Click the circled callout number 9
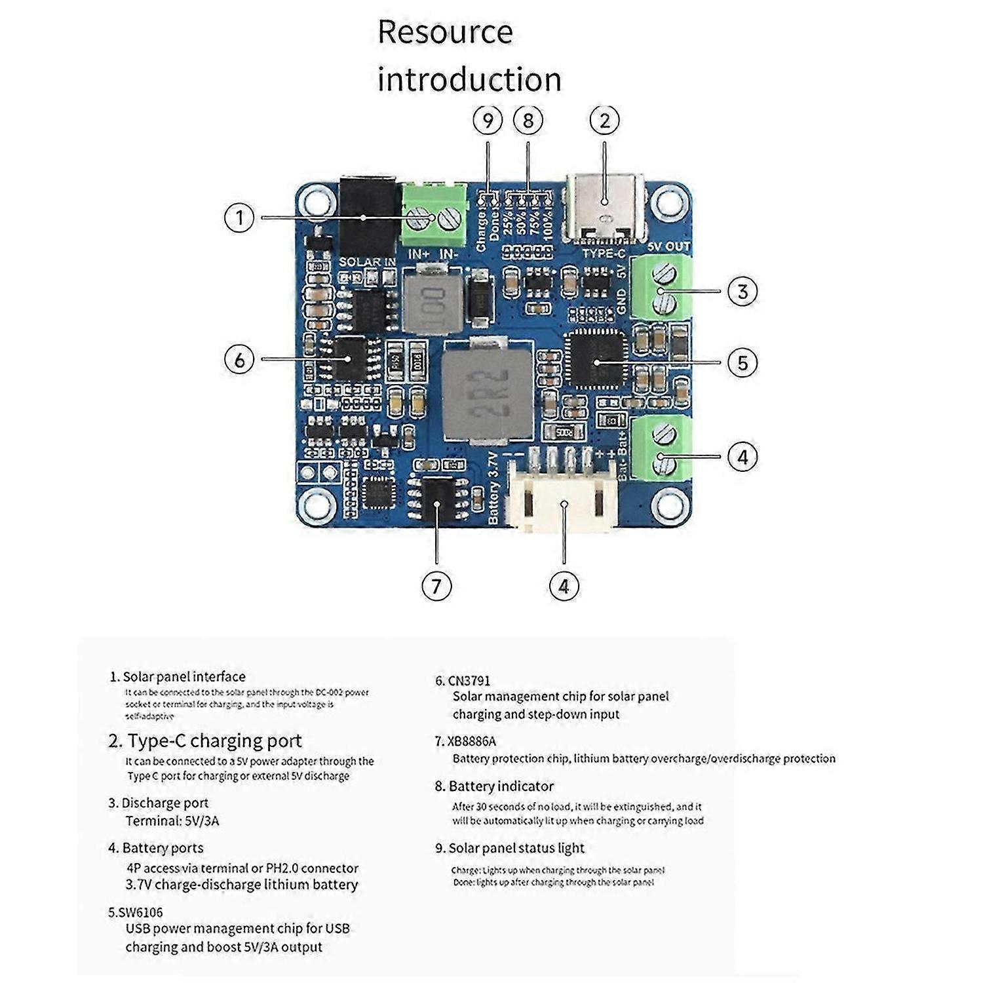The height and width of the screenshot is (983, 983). point(488,121)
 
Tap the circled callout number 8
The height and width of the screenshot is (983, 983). point(528,121)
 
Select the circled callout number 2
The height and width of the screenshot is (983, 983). point(604,121)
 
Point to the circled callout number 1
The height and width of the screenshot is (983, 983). point(239,218)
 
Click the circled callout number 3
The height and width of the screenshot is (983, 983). point(742,291)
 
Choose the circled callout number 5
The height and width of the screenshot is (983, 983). point(742,362)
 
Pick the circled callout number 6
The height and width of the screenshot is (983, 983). point(239,359)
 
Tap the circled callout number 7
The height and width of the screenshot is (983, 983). point(436,585)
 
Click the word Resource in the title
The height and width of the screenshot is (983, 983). point(445,33)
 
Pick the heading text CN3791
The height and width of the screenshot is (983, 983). point(469,681)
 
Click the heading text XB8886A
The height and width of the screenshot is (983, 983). point(472,741)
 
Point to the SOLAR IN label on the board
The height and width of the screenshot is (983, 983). point(367,262)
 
